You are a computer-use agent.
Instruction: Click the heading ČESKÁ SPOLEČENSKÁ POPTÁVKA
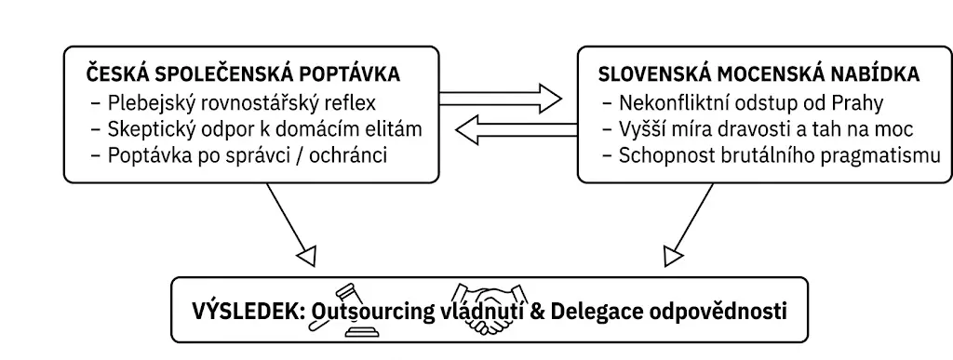pyautogui.click(x=243, y=73)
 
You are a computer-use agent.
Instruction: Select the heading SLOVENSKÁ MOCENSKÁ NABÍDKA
pyautogui.click(x=758, y=73)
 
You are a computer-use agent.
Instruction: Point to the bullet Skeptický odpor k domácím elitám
pyautogui.click(x=256, y=128)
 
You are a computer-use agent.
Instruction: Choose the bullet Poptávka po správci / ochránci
pyautogui.click(x=239, y=155)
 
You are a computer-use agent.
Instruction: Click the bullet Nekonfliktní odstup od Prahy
pyautogui.click(x=743, y=102)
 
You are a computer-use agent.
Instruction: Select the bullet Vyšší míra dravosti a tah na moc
pyautogui.click(x=758, y=128)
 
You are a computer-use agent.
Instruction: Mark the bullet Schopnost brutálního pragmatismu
pyautogui.click(x=772, y=155)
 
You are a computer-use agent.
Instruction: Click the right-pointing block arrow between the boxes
pyautogui.click(x=501, y=99)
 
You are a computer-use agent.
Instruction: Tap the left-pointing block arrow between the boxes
pyautogui.click(x=517, y=130)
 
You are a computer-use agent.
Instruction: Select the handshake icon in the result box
pyautogui.click(x=488, y=309)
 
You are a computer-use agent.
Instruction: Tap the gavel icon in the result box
pyautogui.click(x=346, y=310)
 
